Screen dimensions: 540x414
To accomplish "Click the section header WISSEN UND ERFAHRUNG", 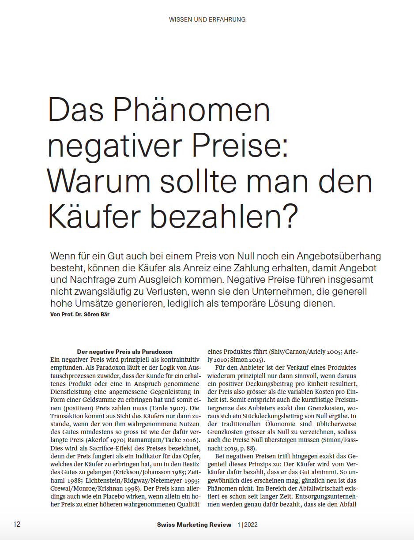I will click(x=207, y=19).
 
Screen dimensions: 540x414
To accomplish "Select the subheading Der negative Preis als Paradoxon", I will click(x=124, y=352).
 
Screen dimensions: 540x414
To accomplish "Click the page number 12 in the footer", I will click(x=17, y=525).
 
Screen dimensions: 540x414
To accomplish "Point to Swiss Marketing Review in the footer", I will click(x=194, y=525).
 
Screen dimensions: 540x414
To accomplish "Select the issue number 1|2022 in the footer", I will click(x=248, y=525).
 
